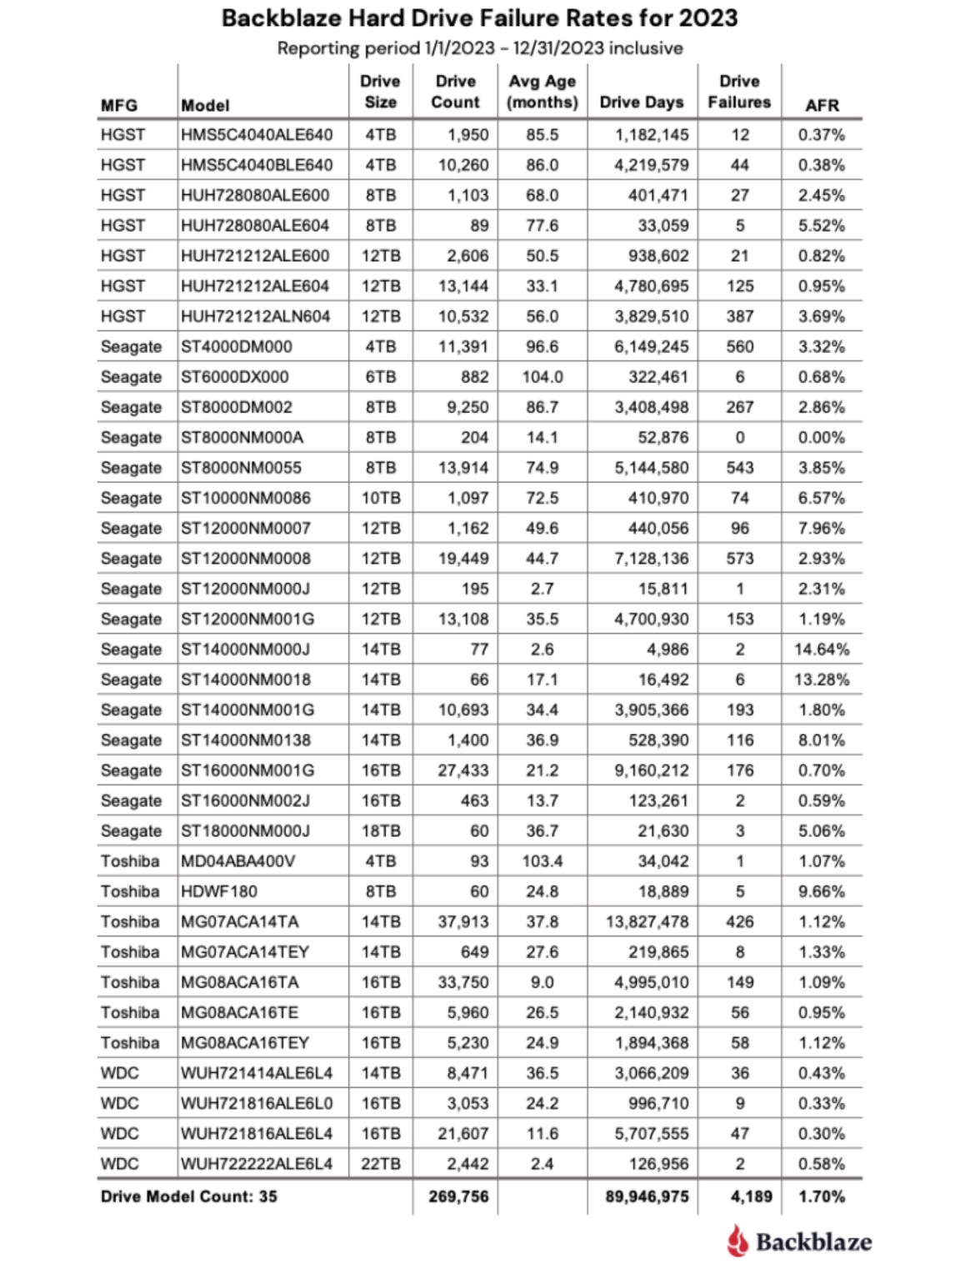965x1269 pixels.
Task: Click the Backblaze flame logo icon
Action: click(737, 1241)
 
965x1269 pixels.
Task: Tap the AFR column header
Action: click(822, 105)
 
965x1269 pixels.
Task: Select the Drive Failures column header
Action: click(739, 92)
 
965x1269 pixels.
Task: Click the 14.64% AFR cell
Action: click(822, 650)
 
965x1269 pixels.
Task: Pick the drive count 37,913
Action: click(463, 922)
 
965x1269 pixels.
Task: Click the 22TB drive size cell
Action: click(381, 1164)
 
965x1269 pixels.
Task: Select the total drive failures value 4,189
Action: click(751, 1196)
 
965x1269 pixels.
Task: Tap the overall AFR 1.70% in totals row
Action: click(822, 1196)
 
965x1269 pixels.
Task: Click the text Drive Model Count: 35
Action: click(189, 1196)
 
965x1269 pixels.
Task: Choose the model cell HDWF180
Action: click(219, 891)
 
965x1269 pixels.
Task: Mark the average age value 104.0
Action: click(542, 377)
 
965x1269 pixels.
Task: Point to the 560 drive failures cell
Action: click(739, 347)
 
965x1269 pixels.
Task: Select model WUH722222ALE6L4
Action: click(257, 1164)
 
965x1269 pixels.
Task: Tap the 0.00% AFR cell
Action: click(822, 438)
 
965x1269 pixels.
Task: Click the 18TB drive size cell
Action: click(381, 831)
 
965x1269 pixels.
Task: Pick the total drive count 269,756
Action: click(459, 1196)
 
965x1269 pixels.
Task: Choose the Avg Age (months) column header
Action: click(542, 92)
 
